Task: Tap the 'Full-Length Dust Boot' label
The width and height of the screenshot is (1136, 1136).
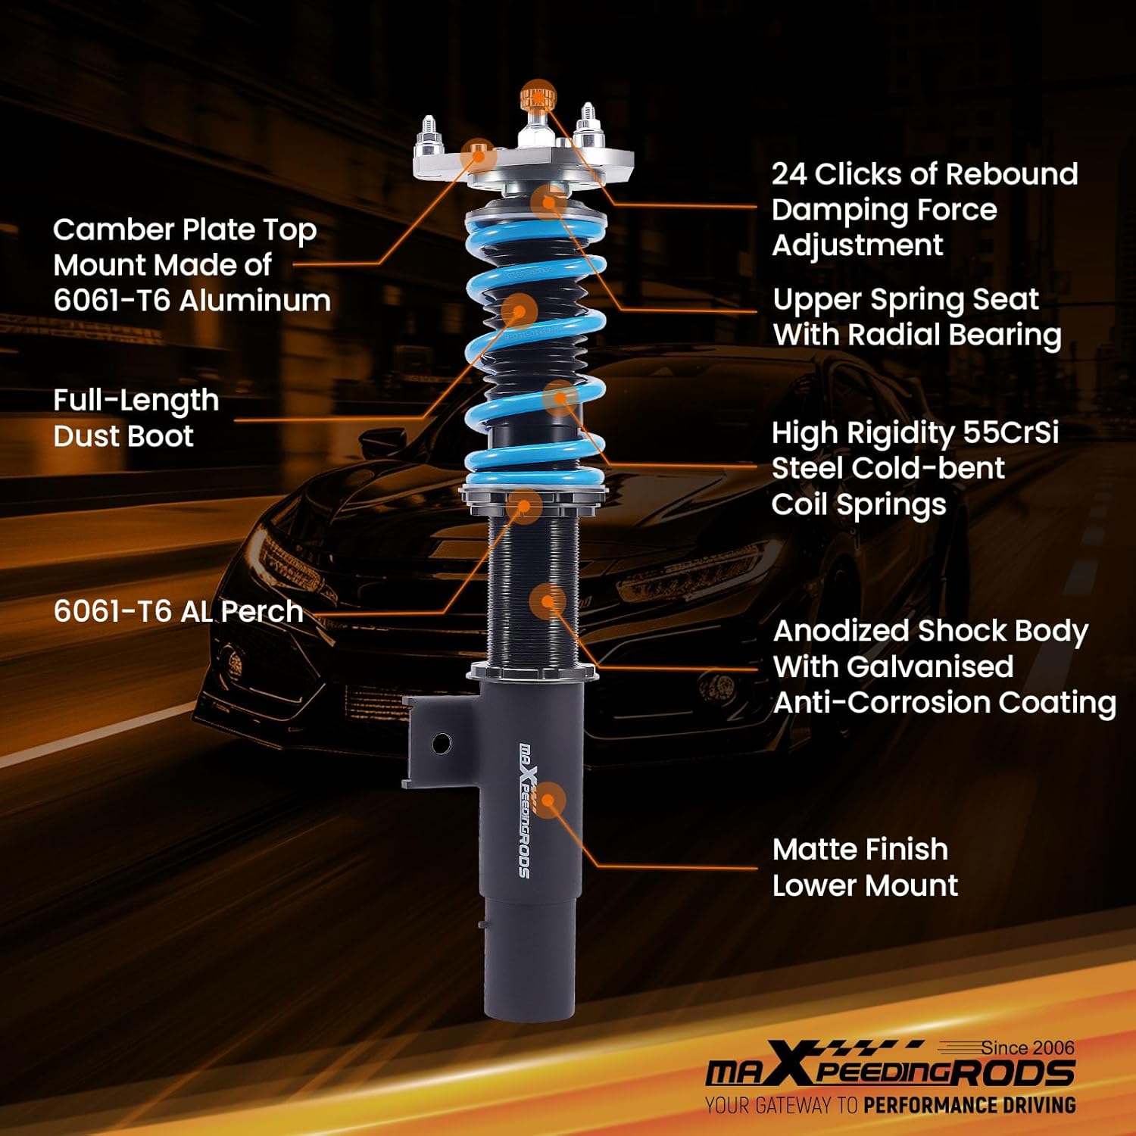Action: point(136,418)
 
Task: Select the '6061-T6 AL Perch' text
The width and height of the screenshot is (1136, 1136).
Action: point(178,611)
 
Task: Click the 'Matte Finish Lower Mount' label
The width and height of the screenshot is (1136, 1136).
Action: point(865,867)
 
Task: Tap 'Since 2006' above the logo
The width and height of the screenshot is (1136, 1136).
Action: point(1027,1047)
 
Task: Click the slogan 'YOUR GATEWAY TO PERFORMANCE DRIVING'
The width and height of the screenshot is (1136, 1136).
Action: point(890,1105)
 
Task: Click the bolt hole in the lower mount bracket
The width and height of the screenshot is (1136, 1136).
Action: point(442,743)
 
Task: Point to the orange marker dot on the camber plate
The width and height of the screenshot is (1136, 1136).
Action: point(479,156)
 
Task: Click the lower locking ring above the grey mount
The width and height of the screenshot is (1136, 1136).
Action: point(529,670)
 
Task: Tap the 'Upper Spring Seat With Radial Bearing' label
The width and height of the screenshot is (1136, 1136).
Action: point(916,317)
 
